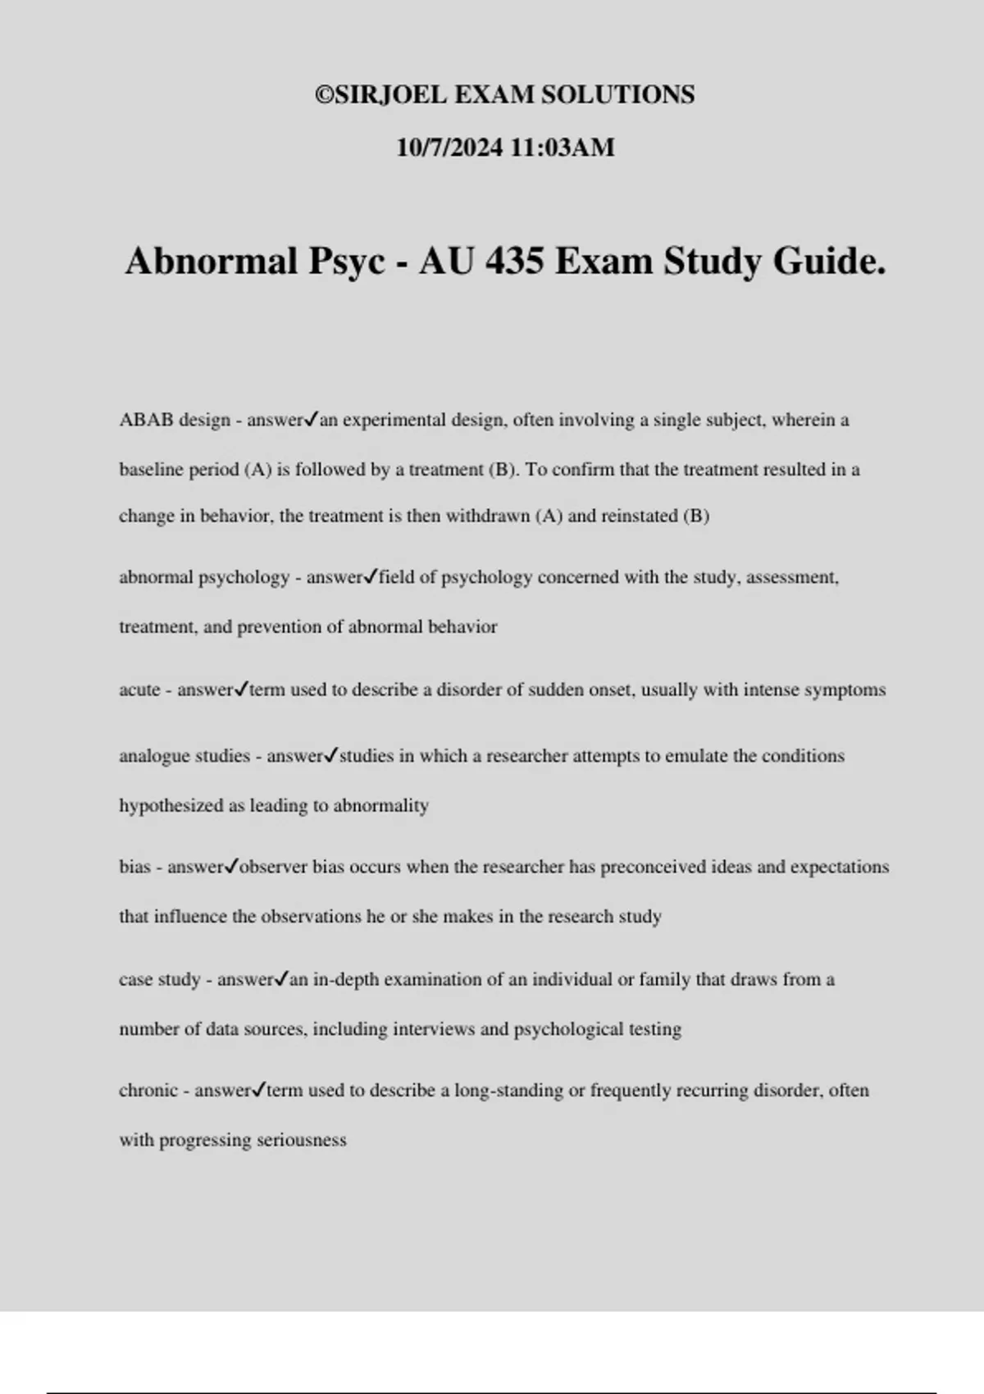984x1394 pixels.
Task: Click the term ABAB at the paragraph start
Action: (146, 420)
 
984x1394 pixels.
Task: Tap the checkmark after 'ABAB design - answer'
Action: (311, 419)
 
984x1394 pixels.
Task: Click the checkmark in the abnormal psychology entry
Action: (370, 576)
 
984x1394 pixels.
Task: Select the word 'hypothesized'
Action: (171, 806)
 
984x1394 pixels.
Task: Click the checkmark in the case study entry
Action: (281, 978)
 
